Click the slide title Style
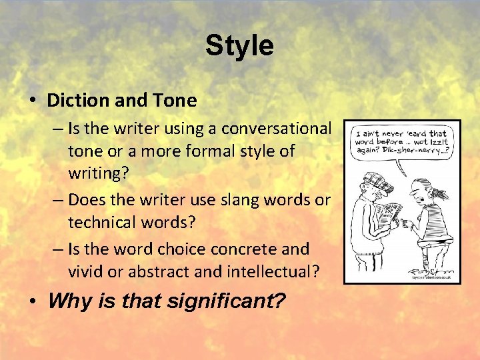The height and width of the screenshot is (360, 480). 239,46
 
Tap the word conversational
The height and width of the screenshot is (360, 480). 276,127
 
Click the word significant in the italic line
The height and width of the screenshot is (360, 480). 227,301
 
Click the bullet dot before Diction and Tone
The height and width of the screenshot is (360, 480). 33,101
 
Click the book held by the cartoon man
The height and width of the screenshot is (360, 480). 387,212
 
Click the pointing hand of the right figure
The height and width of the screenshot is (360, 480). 406,223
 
